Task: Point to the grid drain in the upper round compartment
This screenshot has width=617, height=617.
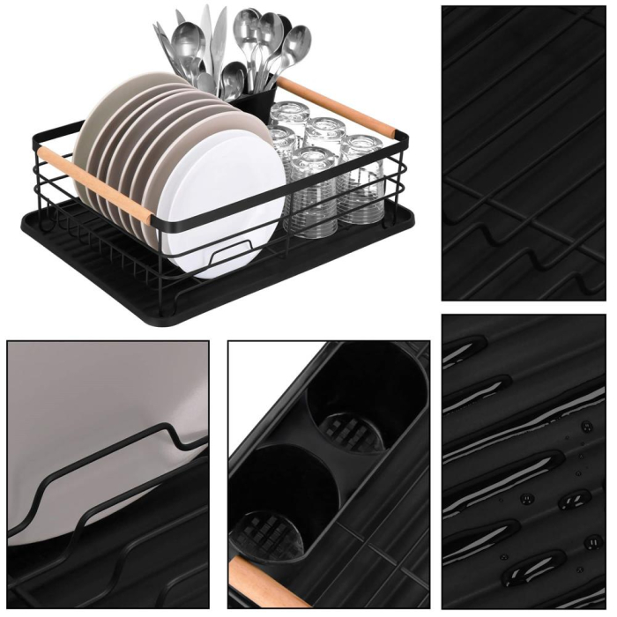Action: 353,431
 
